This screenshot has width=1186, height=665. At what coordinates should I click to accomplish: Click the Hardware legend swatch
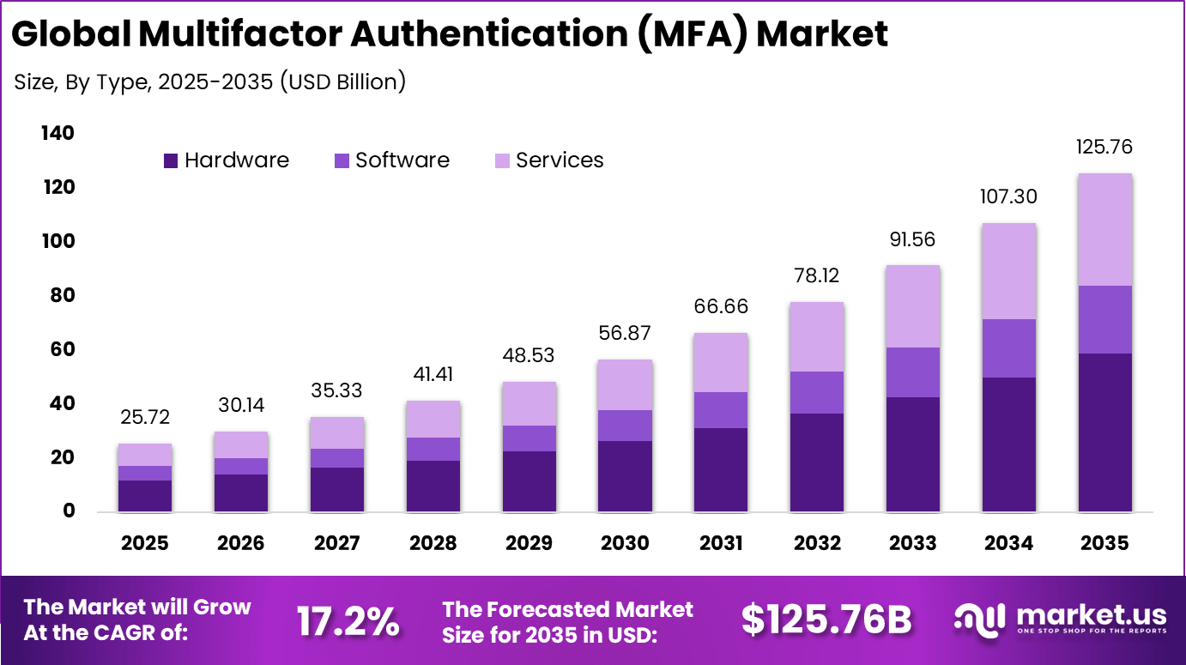[170, 160]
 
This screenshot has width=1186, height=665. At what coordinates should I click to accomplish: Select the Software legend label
[402, 160]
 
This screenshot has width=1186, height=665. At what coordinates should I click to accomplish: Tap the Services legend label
[560, 160]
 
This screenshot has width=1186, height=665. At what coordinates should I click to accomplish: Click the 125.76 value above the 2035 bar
[1104, 147]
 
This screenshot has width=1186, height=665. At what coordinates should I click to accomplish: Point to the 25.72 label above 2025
[145, 417]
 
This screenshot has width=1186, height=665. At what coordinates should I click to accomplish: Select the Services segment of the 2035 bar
[1104, 229]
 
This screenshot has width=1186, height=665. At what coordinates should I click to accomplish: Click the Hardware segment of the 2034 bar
[1008, 444]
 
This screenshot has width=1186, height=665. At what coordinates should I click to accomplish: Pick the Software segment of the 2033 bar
[912, 372]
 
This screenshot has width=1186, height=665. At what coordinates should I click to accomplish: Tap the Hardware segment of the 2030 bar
[625, 475]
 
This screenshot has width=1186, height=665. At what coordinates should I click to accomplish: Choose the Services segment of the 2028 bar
[433, 419]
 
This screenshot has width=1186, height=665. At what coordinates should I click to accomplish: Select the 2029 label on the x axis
[529, 543]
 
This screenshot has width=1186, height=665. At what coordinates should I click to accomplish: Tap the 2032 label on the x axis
[817, 543]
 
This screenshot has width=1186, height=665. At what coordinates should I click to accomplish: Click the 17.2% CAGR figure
[348, 620]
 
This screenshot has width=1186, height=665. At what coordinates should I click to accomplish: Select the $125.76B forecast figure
[826, 620]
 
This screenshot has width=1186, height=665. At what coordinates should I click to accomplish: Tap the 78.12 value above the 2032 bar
[817, 275]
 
